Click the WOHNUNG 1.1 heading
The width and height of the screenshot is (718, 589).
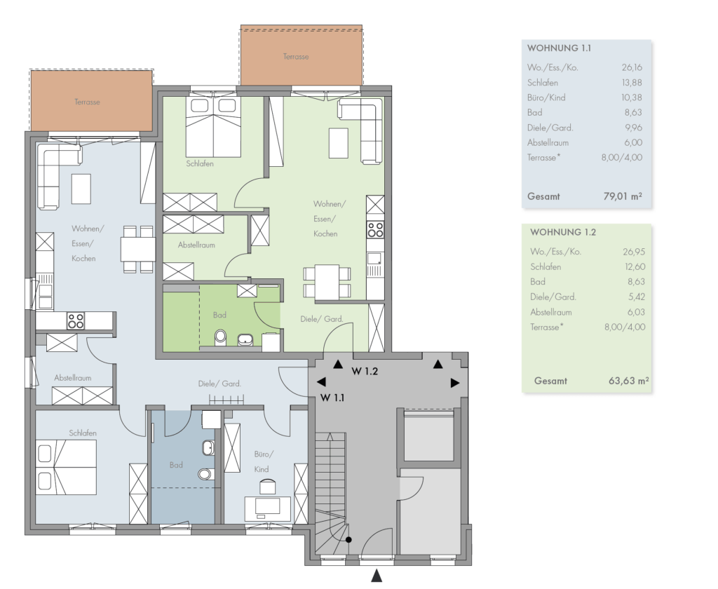[559, 48]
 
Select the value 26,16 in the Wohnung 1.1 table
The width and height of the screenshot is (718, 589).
[632, 67]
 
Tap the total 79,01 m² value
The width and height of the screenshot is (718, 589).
[623, 196]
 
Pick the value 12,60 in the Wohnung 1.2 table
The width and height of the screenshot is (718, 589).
[634, 266]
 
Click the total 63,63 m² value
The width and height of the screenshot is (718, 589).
[629, 381]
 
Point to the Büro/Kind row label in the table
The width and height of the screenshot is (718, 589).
[546, 97]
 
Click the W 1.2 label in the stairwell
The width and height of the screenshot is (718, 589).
[365, 372]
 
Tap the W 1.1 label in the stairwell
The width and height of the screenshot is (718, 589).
[332, 398]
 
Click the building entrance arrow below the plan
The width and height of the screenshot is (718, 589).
[377, 576]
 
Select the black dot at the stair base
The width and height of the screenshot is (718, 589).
[348, 540]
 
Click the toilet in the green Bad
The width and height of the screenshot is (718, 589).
[221, 337]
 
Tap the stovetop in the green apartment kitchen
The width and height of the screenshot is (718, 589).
[375, 229]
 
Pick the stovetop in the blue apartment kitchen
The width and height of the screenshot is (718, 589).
[76, 321]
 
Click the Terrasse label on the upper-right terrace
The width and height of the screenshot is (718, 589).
[296, 57]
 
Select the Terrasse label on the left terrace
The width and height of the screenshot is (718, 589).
[87, 102]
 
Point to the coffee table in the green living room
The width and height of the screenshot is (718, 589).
[339, 143]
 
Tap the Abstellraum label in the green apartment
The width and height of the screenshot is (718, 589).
[196, 245]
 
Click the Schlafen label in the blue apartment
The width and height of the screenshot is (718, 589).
[83, 433]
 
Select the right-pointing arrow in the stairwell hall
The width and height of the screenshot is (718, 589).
[454, 383]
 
